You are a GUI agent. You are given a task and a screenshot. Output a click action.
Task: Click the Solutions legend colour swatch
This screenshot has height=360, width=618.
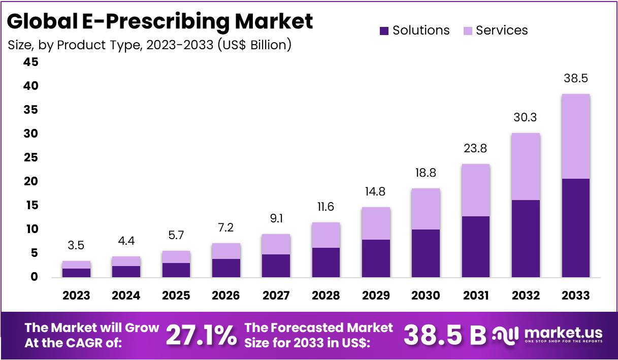tap(384, 31)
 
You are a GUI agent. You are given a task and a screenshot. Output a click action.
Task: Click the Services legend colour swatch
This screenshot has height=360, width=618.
tap(468, 31)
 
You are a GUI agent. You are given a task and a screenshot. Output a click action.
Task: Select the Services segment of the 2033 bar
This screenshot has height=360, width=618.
tap(576, 136)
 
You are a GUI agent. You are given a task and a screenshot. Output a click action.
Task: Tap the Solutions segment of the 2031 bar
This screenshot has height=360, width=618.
tap(475, 247)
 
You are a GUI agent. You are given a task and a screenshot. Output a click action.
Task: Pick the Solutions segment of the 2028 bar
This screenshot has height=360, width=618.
tap(326, 263)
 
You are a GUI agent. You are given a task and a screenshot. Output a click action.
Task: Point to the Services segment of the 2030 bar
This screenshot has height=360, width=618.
tap(426, 209)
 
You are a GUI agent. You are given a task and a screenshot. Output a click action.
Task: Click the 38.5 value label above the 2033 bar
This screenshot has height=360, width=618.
tap(576, 79)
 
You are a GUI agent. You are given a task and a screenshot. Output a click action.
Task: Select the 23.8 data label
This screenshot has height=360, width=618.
tap(475, 149)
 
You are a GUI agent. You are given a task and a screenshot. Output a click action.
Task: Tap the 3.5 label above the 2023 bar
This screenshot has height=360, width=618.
tap(76, 246)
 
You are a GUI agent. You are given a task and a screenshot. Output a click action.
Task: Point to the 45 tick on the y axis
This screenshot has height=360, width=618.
tap(30, 62)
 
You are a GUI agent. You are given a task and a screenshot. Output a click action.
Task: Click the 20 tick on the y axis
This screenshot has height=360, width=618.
tap(30, 181)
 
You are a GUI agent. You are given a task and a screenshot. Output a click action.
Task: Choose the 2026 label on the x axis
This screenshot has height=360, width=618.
tap(226, 296)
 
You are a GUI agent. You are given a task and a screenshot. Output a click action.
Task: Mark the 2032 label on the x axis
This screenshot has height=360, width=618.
tap(526, 296)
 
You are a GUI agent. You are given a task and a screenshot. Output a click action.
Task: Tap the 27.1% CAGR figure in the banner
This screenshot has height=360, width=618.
tap(201, 335)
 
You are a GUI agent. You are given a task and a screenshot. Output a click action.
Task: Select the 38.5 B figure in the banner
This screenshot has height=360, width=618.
tap(444, 335)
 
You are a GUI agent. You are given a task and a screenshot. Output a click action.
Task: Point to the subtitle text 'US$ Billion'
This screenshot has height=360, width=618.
tap(254, 45)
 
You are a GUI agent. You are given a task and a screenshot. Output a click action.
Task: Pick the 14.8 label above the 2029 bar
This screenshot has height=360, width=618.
tap(375, 192)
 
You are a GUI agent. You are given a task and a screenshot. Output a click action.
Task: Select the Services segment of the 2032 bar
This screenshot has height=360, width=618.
tap(526, 167)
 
